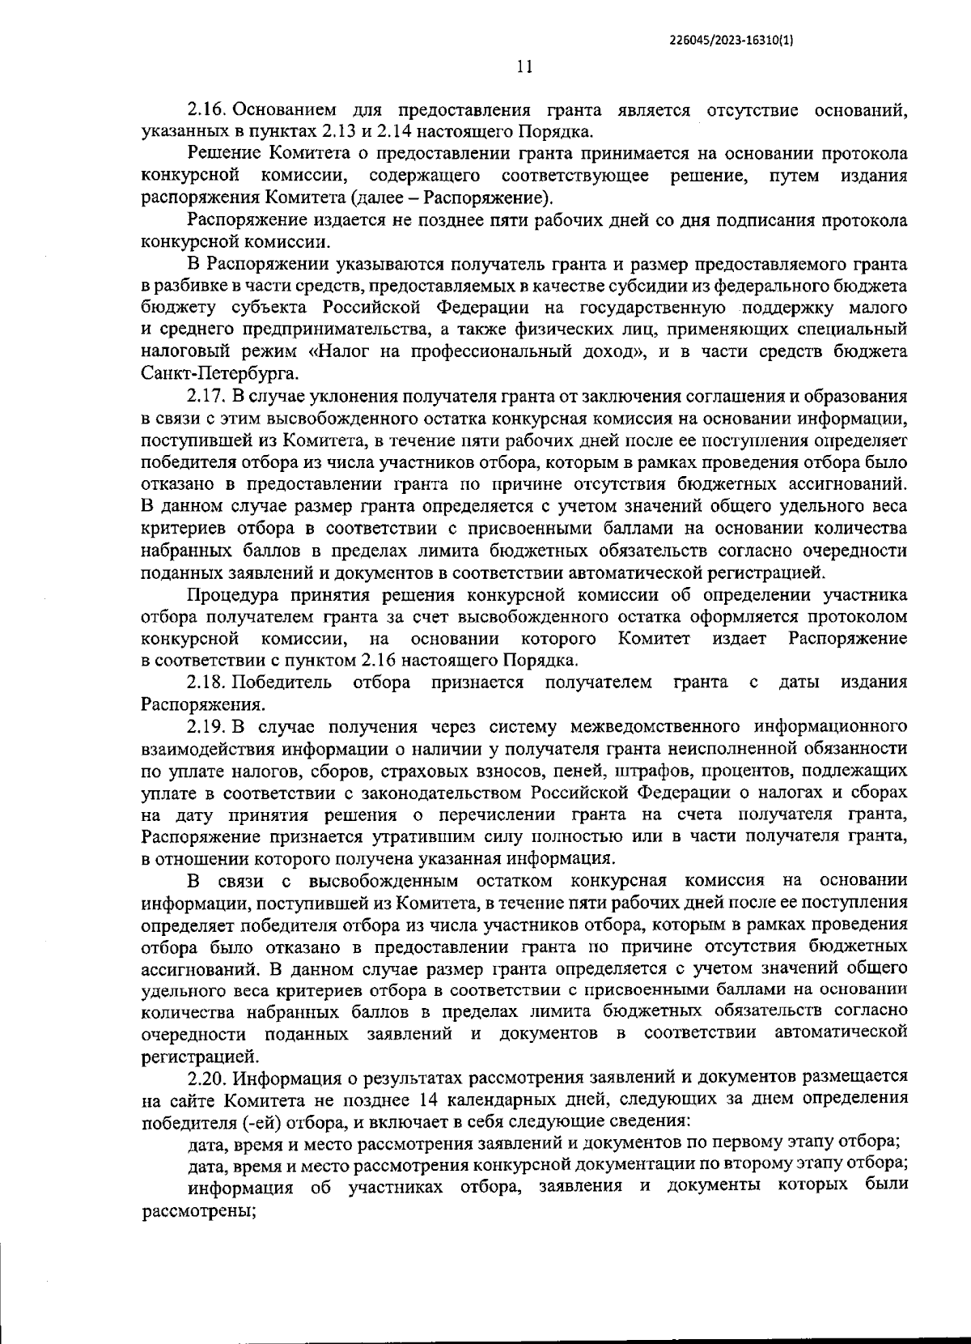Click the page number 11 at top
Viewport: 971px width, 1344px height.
(524, 68)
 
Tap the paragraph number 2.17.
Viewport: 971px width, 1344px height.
(209, 396)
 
